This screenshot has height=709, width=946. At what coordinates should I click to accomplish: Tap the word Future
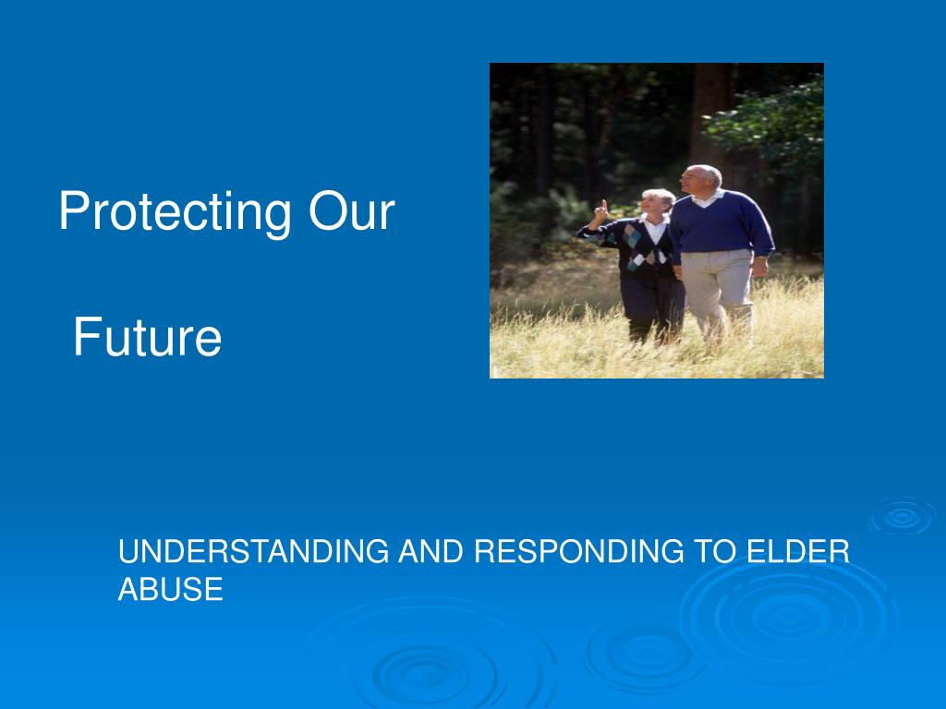(x=148, y=337)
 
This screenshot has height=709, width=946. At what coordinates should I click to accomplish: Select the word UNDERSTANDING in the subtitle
(x=254, y=552)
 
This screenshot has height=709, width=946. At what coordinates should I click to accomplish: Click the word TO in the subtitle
(x=712, y=552)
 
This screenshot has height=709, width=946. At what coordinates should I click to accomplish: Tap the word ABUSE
(x=171, y=589)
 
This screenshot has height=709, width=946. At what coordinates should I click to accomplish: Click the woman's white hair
(x=659, y=198)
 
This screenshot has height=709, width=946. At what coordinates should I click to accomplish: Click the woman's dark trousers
(x=652, y=305)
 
